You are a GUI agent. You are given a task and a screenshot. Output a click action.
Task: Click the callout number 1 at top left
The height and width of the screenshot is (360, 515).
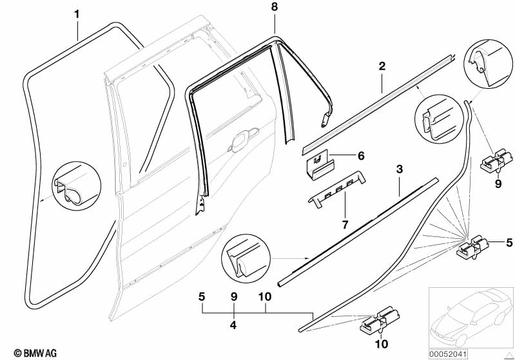point(77,14)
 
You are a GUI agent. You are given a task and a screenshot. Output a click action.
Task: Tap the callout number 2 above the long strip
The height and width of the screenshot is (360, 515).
point(382,66)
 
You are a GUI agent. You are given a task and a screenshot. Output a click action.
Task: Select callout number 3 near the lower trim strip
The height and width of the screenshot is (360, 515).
point(399,169)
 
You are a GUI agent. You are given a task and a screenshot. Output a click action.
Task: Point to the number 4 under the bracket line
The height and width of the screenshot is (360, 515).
point(233,326)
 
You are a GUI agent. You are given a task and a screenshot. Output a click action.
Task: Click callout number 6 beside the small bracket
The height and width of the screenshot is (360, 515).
point(361,156)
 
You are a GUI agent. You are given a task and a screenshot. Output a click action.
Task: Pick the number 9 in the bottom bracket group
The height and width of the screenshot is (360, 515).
point(233,298)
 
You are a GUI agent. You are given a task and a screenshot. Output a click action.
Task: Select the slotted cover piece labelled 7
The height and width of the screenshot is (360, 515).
point(336,186)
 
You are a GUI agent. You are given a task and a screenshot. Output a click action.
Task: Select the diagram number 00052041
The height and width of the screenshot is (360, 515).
point(449,353)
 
